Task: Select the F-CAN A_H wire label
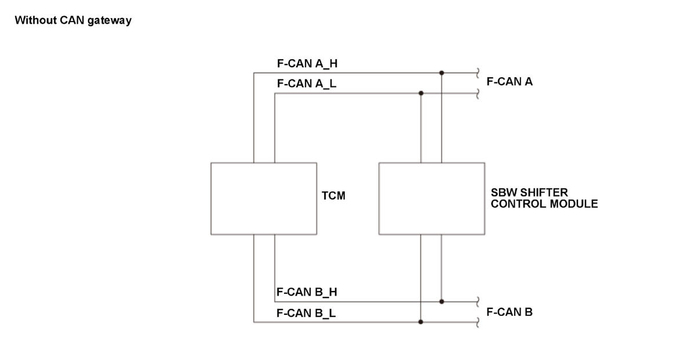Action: coord(307,64)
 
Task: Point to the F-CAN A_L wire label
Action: coord(307,84)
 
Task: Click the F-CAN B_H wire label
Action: coord(307,292)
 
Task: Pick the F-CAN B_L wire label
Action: coord(306,314)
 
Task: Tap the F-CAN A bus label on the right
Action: coord(510,82)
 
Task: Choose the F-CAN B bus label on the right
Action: coord(510,312)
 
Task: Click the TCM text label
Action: coord(333,195)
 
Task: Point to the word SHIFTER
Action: coord(543,193)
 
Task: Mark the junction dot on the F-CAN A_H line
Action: coord(442,72)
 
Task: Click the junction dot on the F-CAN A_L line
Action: coord(421,93)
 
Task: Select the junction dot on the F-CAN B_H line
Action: coord(442,301)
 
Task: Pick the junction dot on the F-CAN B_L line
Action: coord(421,322)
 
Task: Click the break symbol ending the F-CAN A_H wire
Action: coord(478,72)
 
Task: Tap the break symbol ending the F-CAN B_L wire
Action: coord(478,322)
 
